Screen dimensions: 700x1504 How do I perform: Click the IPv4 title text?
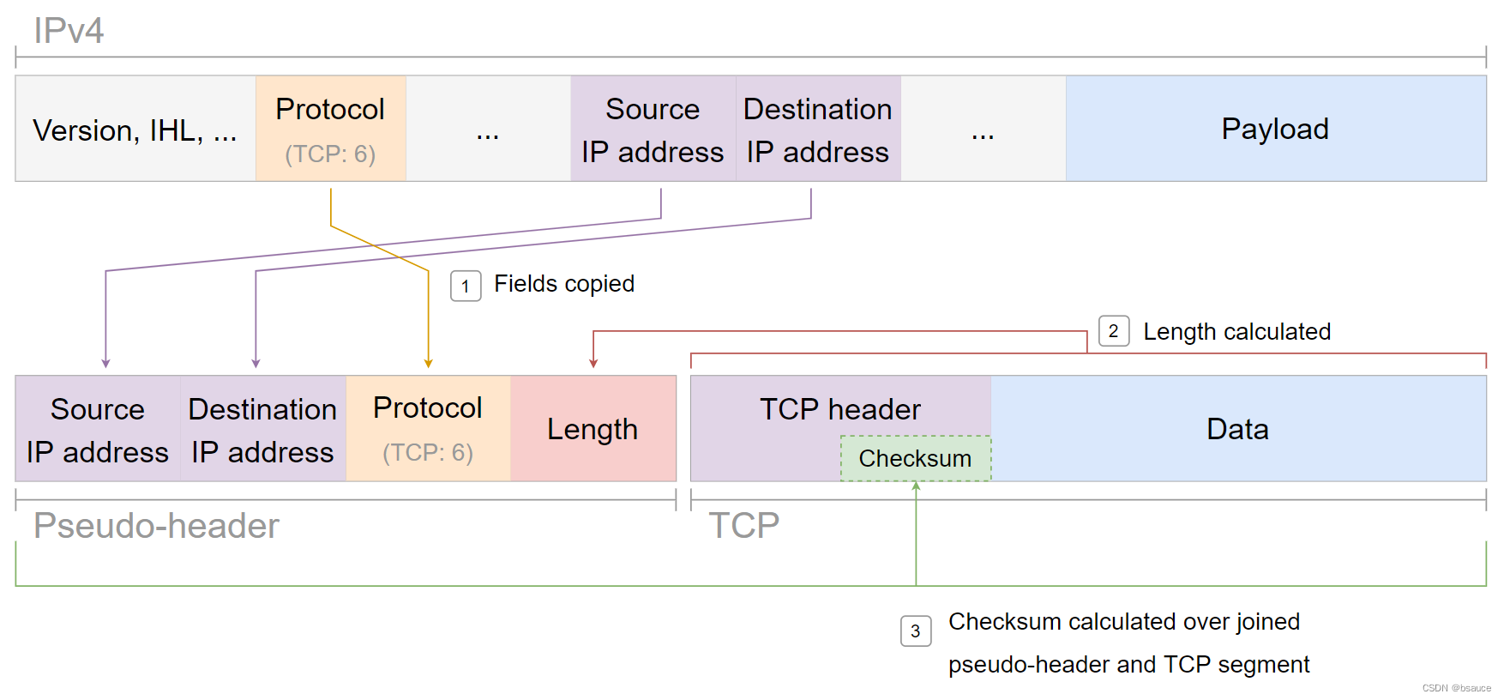tap(69, 31)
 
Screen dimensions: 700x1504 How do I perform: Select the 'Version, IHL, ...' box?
tap(135, 130)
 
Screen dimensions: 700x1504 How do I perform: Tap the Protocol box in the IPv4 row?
tap(330, 129)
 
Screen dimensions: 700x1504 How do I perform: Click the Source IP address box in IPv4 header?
tap(653, 129)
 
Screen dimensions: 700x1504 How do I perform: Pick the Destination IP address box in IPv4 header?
tap(818, 129)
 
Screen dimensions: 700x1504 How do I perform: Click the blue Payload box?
tap(1275, 129)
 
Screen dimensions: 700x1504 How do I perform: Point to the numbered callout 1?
tap(466, 287)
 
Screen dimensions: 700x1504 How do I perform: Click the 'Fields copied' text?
tap(564, 284)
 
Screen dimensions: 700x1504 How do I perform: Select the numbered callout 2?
tap(1113, 331)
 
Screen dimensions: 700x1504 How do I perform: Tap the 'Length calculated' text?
tap(1236, 332)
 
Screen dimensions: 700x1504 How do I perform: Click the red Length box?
tap(593, 429)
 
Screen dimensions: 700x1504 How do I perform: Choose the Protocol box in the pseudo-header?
tap(428, 429)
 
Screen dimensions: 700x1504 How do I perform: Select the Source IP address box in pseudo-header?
tap(98, 429)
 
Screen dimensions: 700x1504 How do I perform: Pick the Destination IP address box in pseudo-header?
tap(262, 429)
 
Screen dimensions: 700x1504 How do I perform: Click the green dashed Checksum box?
tap(915, 459)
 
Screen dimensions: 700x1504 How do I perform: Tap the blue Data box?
tap(1237, 429)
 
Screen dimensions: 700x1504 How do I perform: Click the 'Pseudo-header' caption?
tap(156, 526)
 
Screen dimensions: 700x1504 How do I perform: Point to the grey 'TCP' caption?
tap(743, 526)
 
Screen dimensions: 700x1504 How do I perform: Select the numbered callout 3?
tap(915, 631)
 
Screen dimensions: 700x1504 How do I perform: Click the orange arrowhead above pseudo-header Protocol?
tap(428, 364)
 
